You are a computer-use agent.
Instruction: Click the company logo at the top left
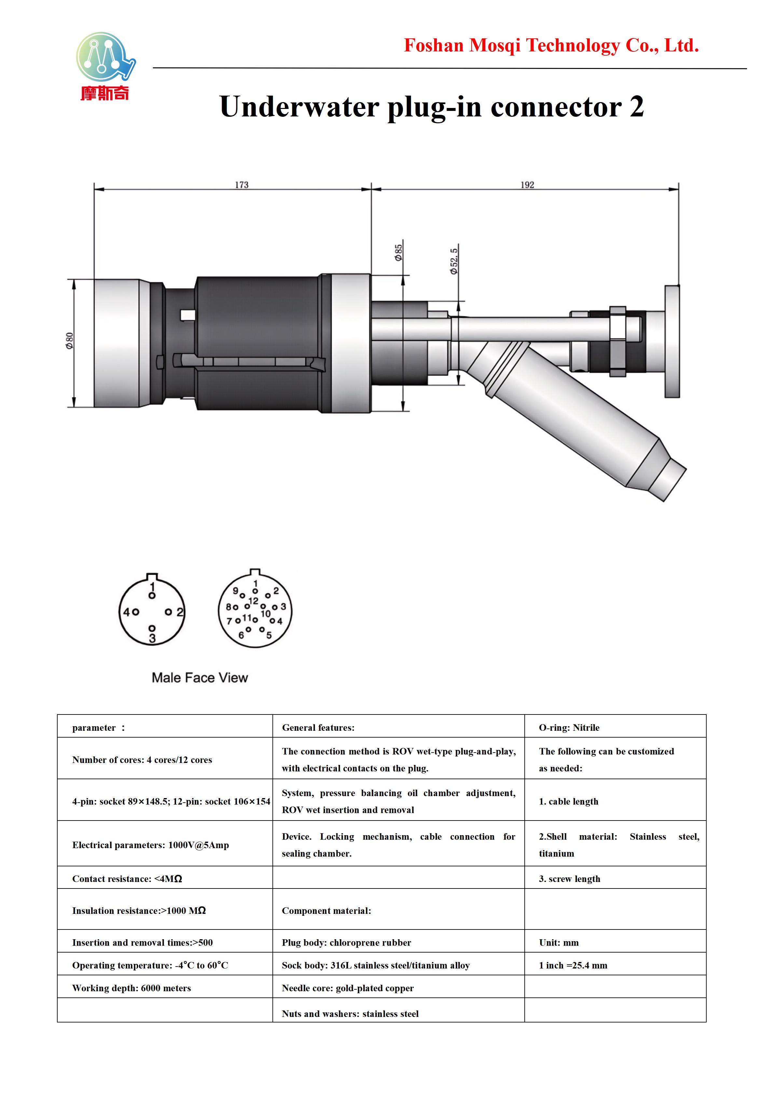coord(105,66)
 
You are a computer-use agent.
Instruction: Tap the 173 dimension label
coord(242,185)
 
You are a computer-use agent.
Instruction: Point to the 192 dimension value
coord(527,185)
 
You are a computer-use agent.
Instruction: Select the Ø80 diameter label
coord(70,341)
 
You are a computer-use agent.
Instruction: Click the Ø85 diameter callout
coord(398,253)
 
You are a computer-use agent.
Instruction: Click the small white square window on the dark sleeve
coord(187,315)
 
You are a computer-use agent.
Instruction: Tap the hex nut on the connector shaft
coord(617,341)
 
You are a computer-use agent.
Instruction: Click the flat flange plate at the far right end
coord(672,341)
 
